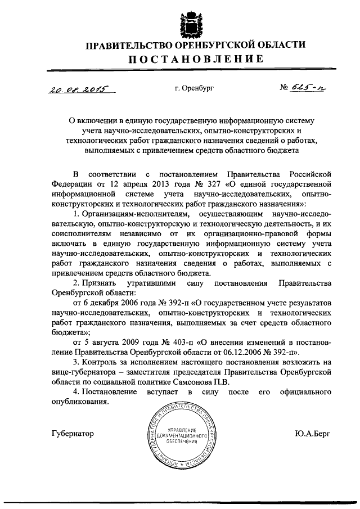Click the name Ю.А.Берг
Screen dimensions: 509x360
tap(312, 434)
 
